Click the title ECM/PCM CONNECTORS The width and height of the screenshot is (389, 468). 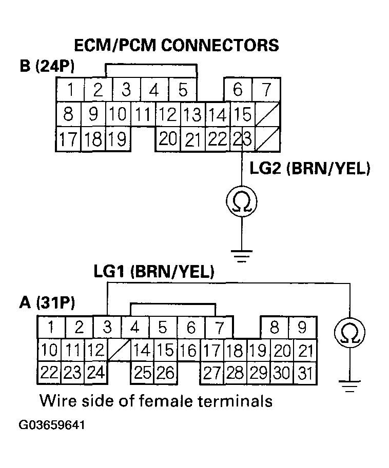(177, 45)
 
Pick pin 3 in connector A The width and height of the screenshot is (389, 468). (107, 327)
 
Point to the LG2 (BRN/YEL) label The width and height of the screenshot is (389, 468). (309, 169)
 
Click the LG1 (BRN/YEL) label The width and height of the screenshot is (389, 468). (153, 272)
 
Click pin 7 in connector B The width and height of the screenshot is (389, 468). (266, 90)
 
